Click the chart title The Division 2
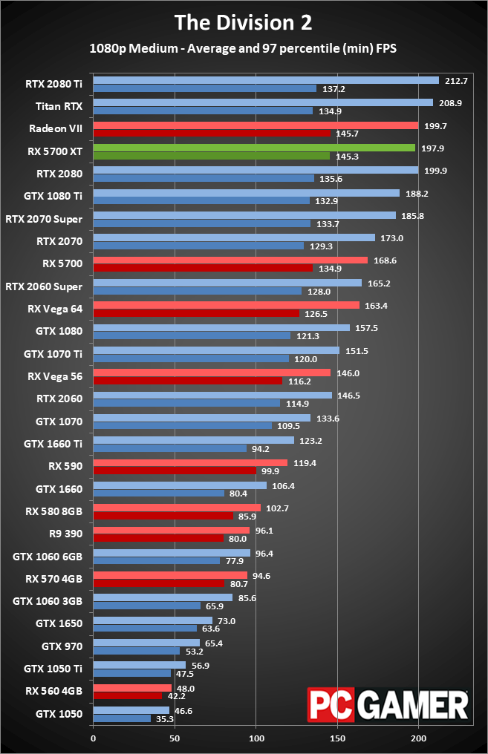click(x=244, y=22)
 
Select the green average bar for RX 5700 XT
click(x=254, y=148)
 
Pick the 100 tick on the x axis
click(x=256, y=739)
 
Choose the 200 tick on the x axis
click(x=419, y=739)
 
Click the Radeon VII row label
click(x=56, y=128)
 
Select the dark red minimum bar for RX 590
click(x=175, y=471)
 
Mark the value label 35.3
click(x=165, y=719)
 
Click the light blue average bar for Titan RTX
click(x=263, y=102)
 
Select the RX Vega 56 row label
click(x=55, y=376)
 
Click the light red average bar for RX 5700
click(x=230, y=260)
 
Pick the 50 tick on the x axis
click(x=175, y=739)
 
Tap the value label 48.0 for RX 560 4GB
click(x=186, y=687)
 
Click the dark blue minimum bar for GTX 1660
click(x=158, y=494)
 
